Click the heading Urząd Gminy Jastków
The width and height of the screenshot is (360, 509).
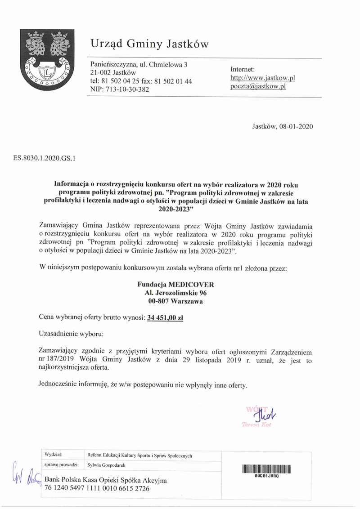pyautogui.click(x=150, y=44)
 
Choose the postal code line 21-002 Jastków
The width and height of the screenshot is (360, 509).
pyautogui.click(x=113, y=73)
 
